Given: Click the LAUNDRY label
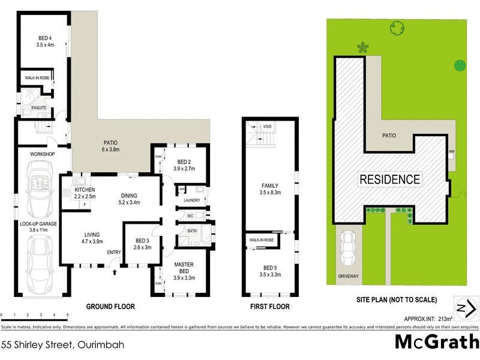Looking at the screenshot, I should point(192,200).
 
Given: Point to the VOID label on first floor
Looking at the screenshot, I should point(268,127).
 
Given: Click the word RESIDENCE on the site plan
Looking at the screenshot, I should point(389,179).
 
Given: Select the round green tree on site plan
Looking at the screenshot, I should point(460,65).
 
